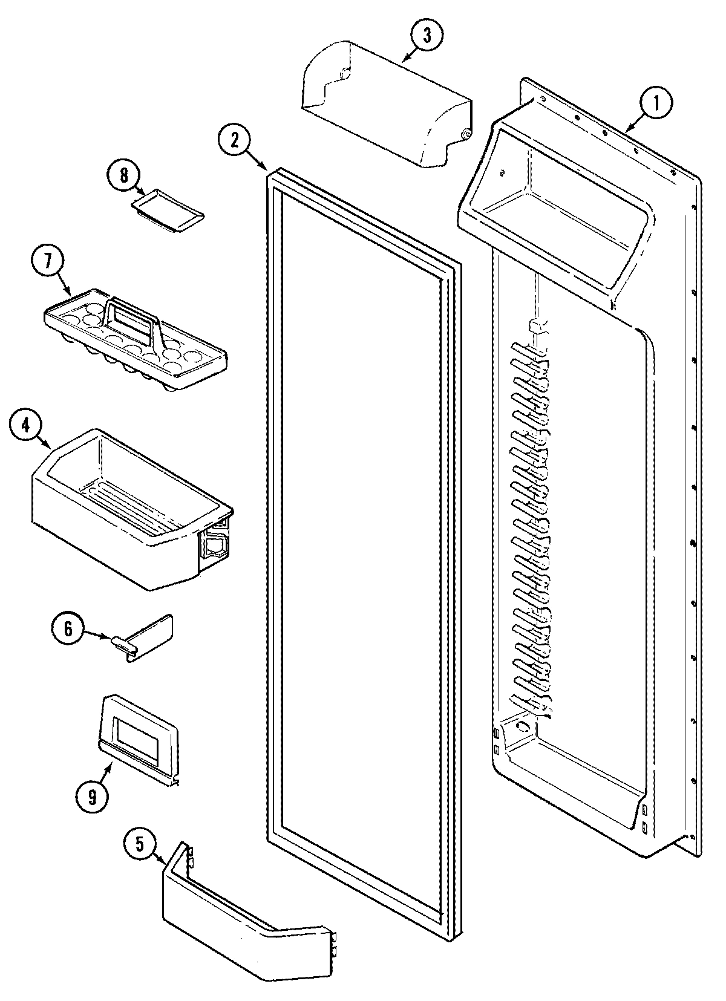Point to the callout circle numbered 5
140,845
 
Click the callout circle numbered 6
68,629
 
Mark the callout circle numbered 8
123,176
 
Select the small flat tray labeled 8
168,210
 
